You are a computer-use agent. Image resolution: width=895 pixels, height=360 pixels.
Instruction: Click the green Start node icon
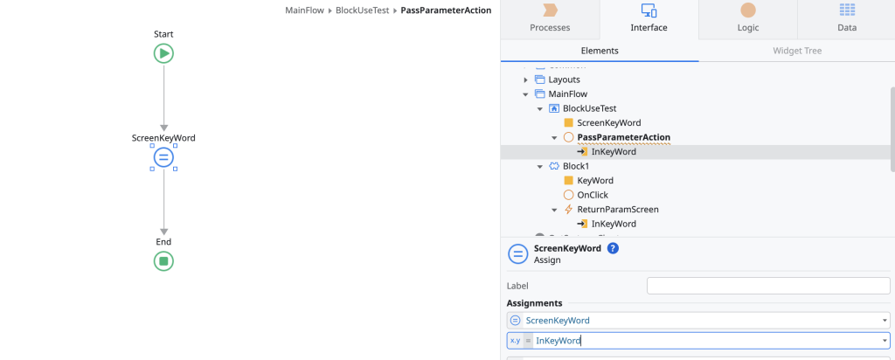(163, 53)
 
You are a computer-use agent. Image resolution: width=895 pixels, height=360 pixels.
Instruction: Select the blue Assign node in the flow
(163, 157)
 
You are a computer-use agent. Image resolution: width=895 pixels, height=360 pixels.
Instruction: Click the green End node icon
(163, 260)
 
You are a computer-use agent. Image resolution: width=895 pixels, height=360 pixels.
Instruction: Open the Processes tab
(550, 18)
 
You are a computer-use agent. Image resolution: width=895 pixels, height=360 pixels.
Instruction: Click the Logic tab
(748, 18)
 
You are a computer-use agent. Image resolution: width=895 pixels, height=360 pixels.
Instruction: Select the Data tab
(846, 18)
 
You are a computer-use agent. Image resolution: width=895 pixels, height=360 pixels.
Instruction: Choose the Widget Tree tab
(796, 51)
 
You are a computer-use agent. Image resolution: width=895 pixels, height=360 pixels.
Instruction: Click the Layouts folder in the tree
(564, 80)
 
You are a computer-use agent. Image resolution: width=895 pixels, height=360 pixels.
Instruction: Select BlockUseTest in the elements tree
(590, 108)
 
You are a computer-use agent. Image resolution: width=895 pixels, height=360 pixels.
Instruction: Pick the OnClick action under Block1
(593, 195)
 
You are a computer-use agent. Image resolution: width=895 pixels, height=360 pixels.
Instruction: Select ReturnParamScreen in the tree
(618, 210)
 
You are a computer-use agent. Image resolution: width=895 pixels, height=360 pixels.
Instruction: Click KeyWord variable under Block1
(595, 180)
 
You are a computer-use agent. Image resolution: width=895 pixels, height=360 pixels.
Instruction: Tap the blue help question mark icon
(613, 248)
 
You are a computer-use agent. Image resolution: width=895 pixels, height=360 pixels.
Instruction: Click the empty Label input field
(767, 286)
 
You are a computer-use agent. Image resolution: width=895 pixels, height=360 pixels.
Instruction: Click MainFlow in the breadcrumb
(304, 10)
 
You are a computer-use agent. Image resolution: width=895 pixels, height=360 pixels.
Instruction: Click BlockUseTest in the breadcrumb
(363, 10)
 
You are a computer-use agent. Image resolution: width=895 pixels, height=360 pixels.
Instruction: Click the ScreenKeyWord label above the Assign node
(163, 138)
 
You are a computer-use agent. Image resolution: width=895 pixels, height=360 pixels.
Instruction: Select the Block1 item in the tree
(576, 166)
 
